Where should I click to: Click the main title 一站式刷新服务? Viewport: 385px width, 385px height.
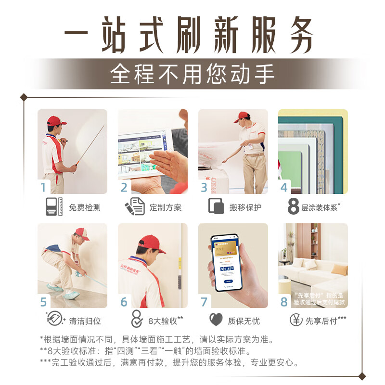[192, 36]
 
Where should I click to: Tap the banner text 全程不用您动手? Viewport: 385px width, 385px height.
[192, 74]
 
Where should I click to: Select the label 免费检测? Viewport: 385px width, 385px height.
[85, 207]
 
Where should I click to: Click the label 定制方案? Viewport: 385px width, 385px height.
[166, 207]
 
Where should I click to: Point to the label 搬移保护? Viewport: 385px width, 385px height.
[245, 207]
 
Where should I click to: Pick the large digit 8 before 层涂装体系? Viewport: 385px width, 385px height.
[294, 207]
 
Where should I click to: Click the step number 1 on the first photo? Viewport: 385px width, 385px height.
[44, 188]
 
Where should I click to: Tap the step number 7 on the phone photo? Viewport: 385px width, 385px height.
[204, 302]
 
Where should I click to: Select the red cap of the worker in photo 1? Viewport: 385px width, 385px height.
[56, 120]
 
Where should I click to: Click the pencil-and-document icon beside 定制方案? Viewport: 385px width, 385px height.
[135, 206]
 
